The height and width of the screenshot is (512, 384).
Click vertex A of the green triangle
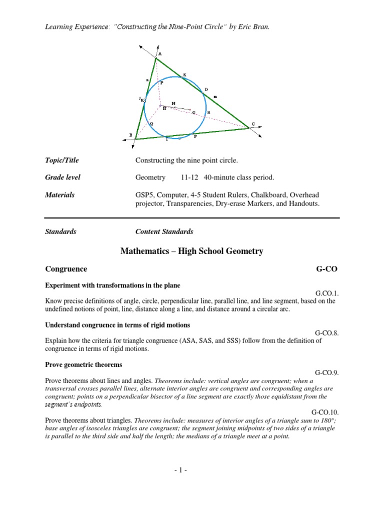coord(155,58)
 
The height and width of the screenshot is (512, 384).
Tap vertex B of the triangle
coord(135,139)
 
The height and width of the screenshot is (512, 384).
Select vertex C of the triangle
coord(248,128)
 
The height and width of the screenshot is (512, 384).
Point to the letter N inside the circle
coord(173,103)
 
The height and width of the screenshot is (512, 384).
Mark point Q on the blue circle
coord(151,123)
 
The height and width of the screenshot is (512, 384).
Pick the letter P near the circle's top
coord(161,83)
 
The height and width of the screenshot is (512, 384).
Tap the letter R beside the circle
coord(208,112)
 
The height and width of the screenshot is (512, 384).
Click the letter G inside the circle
coord(193,113)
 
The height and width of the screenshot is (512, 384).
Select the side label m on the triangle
coord(215,96)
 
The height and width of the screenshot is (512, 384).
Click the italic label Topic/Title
coord(62,160)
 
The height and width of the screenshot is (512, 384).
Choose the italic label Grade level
coord(62,177)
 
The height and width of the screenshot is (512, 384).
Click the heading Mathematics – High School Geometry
coord(191,251)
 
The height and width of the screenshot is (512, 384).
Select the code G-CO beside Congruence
coord(327,269)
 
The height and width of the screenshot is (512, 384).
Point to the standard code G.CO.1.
coord(327,293)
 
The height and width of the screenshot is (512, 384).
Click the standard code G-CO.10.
coord(325,412)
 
